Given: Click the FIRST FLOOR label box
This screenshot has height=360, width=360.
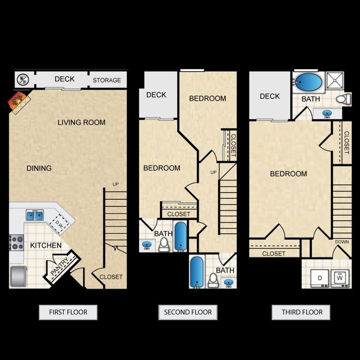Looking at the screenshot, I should pyautogui.click(x=68, y=312).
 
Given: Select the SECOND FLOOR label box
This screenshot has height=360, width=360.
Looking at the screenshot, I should pyautogui.click(x=187, y=312).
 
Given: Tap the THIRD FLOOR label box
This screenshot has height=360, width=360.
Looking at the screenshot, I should pyautogui.click(x=301, y=312).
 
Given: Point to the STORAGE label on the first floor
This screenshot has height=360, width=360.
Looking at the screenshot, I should pyautogui.click(x=106, y=80).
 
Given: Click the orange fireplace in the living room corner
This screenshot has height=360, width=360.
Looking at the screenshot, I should pyautogui.click(x=16, y=102).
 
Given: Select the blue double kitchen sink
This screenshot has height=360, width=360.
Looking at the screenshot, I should pyautogui.click(x=35, y=215).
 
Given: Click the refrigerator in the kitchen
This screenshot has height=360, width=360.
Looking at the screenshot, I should pyautogui.click(x=18, y=276).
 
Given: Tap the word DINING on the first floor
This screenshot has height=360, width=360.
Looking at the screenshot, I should pyautogui.click(x=38, y=168).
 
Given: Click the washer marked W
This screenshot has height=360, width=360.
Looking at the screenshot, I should pyautogui.click(x=340, y=277).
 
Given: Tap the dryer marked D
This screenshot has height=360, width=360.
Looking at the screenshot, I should pyautogui.click(x=320, y=277).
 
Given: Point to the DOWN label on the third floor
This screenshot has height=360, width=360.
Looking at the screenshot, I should pyautogui.click(x=341, y=242).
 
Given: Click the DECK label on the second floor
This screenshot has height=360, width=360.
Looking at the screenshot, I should pyautogui.click(x=156, y=95).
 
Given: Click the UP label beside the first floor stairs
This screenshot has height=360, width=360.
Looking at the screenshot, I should pyautogui.click(x=115, y=184).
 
